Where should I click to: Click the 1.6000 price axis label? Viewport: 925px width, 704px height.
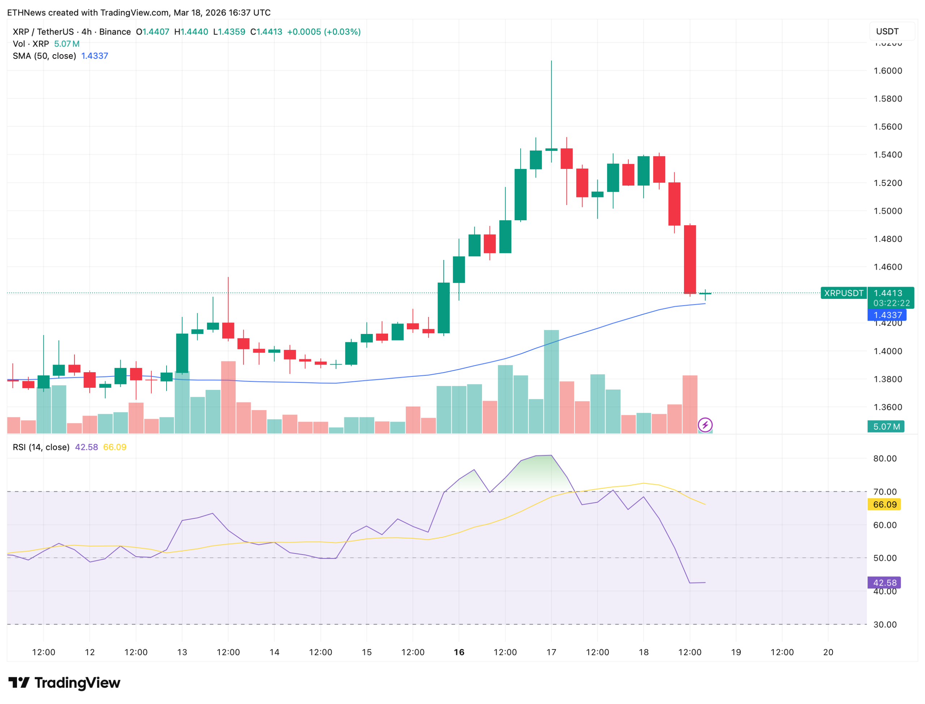[x=887, y=71]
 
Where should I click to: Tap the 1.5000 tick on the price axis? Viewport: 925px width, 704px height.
[x=887, y=211]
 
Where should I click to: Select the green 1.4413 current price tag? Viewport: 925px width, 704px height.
[x=887, y=293]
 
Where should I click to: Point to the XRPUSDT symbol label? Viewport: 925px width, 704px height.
[x=843, y=293]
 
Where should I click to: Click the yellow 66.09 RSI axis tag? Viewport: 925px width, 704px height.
[x=884, y=505]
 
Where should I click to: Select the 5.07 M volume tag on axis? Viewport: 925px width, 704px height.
[x=886, y=427]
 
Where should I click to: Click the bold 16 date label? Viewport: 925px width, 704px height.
[x=459, y=652]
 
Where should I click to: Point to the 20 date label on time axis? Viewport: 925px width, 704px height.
[x=828, y=652]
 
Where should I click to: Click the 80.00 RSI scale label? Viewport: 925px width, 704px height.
[x=885, y=459]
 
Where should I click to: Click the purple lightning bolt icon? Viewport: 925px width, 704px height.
[x=705, y=425]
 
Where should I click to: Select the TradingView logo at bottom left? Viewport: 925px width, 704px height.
[x=64, y=683]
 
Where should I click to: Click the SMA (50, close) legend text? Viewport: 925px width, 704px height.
[x=44, y=56]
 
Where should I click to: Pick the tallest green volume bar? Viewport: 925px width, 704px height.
[x=551, y=381]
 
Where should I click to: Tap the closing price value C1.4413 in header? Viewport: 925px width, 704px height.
[x=266, y=32]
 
